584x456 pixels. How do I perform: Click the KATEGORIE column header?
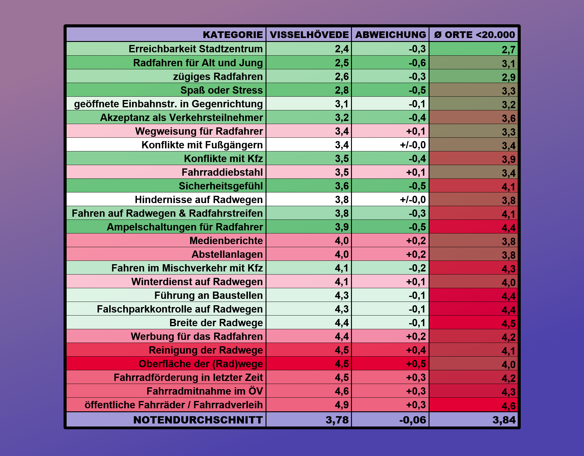point(233,35)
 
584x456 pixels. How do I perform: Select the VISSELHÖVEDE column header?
point(309,35)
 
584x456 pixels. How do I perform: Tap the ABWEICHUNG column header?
point(391,35)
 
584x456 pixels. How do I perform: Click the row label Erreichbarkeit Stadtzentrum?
point(196,49)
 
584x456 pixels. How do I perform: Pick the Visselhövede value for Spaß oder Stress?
point(342,90)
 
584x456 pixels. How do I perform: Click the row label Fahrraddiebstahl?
point(222,172)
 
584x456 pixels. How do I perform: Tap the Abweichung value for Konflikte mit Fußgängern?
point(413,145)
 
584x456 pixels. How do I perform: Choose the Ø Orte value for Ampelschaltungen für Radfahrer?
point(509,228)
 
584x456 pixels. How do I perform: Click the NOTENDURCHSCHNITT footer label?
point(198,420)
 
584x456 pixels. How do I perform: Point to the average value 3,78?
point(337,420)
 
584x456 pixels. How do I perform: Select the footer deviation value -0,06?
point(412,420)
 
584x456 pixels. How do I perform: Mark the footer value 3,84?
point(504,420)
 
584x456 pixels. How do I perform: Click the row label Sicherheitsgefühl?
point(221,186)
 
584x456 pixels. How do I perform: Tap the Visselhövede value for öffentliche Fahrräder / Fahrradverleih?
point(342,405)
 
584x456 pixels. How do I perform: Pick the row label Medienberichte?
point(226,241)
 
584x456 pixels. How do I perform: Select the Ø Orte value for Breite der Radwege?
point(509,323)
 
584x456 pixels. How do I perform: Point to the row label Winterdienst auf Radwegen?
point(197,282)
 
